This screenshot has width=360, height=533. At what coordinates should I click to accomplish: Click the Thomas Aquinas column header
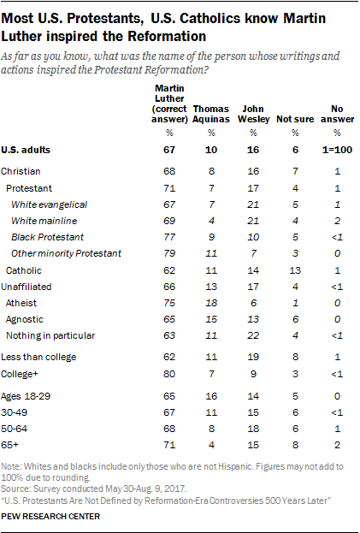[x=211, y=114]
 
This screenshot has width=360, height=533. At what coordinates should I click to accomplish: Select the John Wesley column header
[x=253, y=114]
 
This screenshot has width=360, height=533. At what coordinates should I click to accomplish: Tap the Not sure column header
[x=295, y=119]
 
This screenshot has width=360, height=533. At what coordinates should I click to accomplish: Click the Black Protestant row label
[x=47, y=237]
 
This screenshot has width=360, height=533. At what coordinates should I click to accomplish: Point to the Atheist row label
[x=21, y=303]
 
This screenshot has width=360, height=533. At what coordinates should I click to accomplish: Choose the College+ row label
[x=20, y=374]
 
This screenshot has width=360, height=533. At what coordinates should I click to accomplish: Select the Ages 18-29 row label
[x=26, y=396]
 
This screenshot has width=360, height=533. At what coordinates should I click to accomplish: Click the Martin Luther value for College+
[x=169, y=374]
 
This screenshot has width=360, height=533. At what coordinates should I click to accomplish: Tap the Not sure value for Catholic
[x=295, y=270]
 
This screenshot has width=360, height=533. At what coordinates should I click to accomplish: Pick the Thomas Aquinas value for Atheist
[x=211, y=303]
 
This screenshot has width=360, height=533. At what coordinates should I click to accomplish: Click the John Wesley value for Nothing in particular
[x=253, y=335]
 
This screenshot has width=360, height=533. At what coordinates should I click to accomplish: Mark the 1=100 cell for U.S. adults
[x=337, y=150]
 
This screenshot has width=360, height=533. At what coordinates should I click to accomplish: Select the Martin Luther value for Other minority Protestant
[x=169, y=253]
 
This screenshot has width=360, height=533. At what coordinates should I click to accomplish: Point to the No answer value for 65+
[x=337, y=445]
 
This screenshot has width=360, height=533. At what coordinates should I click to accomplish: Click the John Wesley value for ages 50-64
[x=253, y=429]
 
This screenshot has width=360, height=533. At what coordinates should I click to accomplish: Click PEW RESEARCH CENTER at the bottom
[x=50, y=517]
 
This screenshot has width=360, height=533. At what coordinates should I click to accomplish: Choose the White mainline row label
[x=44, y=221]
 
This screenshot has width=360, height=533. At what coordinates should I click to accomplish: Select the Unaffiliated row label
[x=27, y=287]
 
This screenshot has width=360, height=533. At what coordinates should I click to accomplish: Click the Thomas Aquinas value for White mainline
[x=211, y=221]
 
